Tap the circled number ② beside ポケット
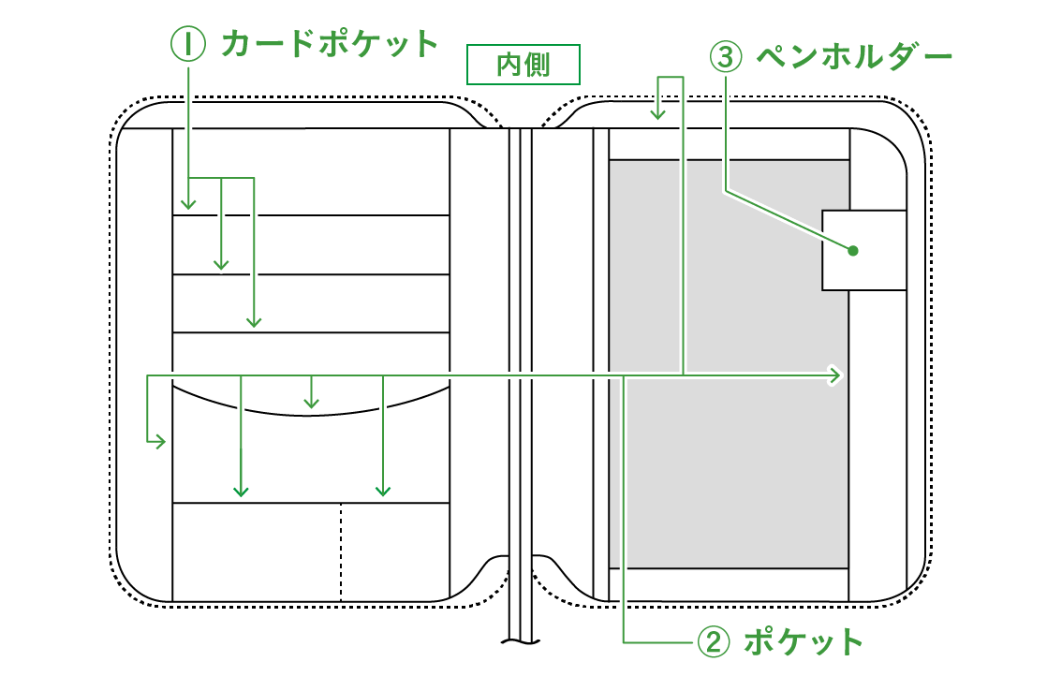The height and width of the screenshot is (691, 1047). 712,642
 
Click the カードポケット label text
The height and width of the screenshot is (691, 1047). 330,44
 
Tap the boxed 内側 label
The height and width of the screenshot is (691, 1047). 523,65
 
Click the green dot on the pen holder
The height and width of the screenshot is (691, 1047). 852,250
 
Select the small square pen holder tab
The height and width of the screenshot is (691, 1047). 863,250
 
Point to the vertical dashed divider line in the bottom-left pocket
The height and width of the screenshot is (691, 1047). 341,552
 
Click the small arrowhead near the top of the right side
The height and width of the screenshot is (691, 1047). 658,113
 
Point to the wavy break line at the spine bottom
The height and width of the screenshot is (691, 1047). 520,642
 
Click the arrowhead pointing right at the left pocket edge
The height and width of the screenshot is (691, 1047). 160,441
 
